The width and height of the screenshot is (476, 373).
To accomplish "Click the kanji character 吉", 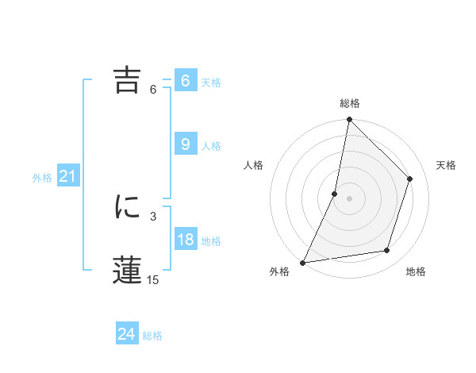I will pyautogui.click(x=128, y=80).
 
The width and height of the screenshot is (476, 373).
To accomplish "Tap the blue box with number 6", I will pyautogui.click(x=185, y=81).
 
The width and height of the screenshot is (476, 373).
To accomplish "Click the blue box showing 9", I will pyautogui.click(x=185, y=144).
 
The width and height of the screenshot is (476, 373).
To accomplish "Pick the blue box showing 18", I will pyautogui.click(x=185, y=240).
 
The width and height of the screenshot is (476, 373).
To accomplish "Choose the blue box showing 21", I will pyautogui.click(x=67, y=177).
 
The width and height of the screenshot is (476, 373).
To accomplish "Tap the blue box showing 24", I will pyautogui.click(x=126, y=334).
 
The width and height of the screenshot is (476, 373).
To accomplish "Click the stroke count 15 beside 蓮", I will pyautogui.click(x=152, y=280).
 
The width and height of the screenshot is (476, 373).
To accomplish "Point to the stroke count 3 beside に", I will pyautogui.click(x=152, y=216).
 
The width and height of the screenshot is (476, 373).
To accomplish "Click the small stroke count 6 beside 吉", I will pyautogui.click(x=152, y=90).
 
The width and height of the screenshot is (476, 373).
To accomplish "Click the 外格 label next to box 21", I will pyautogui.click(x=42, y=178).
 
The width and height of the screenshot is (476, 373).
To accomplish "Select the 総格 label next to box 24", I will pyautogui.click(x=152, y=336).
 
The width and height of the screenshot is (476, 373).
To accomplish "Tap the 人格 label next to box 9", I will pyautogui.click(x=211, y=146).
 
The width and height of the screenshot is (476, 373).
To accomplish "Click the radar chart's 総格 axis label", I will pyautogui.click(x=349, y=103).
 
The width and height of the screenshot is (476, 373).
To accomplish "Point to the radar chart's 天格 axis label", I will pyautogui.click(x=446, y=165).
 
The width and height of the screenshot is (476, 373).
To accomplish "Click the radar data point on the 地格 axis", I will pyautogui.click(x=387, y=251).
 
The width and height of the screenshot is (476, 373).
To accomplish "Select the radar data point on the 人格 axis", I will pyautogui.click(x=335, y=194).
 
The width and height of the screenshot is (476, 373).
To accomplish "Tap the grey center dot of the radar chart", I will pyautogui.click(x=349, y=198).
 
